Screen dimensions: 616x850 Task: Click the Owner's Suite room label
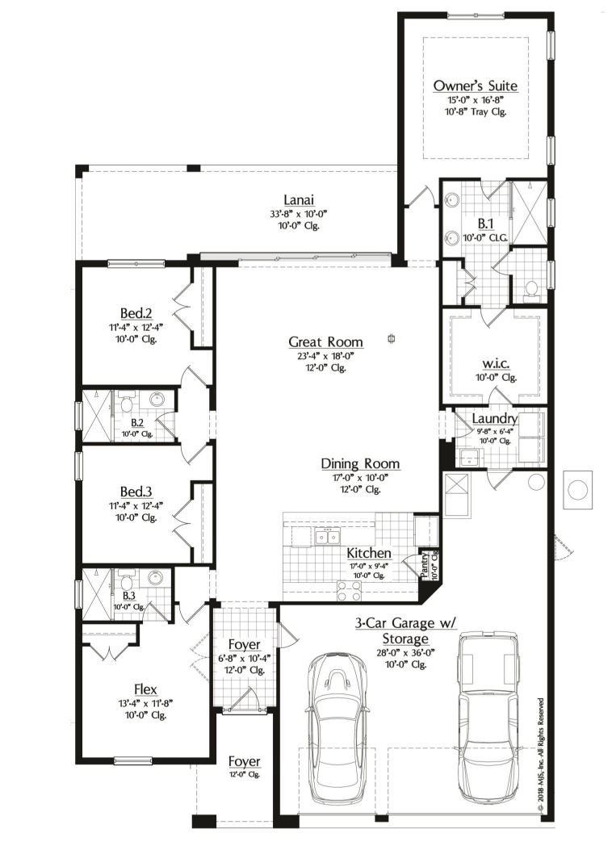(476, 86)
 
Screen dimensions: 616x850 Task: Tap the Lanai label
(299, 199)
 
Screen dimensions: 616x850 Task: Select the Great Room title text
(325, 342)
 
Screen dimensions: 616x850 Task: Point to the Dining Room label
(360, 464)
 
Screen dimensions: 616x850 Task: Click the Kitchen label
(369, 554)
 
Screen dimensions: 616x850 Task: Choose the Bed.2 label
(136, 313)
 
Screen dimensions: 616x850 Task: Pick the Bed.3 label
(136, 492)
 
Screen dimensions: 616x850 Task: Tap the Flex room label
(145, 689)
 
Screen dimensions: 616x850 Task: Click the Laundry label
(495, 418)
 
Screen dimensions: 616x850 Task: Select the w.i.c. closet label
(497, 364)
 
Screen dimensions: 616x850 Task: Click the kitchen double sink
(327, 536)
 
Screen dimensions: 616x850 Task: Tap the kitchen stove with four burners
(350, 591)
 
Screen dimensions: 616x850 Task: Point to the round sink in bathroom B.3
(156, 577)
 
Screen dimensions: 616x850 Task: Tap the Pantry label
(425, 564)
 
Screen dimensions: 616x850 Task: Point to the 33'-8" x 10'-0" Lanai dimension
(299, 214)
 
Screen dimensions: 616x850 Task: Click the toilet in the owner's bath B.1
(531, 289)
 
